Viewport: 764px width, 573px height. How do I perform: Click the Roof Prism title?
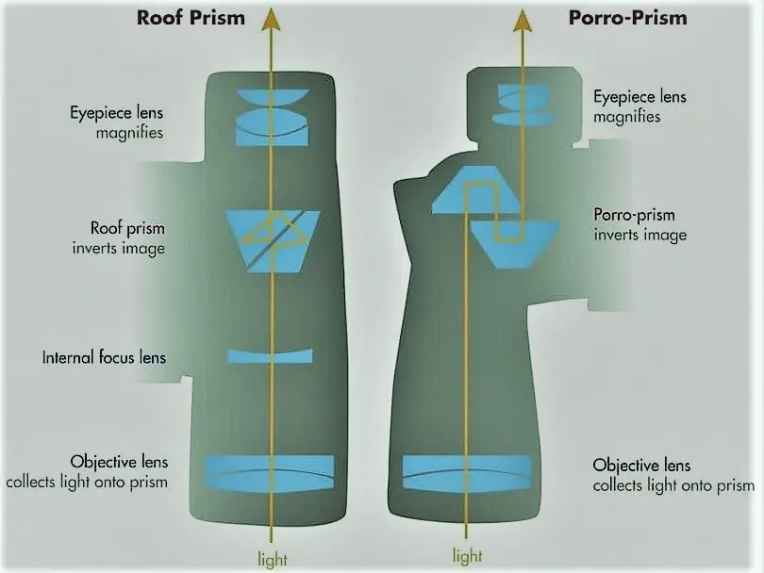tap(191, 18)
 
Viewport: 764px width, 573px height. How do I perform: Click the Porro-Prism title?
tap(627, 18)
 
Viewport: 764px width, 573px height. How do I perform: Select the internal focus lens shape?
tap(270, 356)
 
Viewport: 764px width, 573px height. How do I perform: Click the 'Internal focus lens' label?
tap(104, 357)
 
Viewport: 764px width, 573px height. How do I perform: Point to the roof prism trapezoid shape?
tap(273, 241)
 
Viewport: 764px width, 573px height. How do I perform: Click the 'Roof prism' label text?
tap(127, 228)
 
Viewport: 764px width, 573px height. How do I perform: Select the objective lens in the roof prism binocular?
tap(271, 472)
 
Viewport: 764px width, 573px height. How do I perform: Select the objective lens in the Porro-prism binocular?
tap(466, 472)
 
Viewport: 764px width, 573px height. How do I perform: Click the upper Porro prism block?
tap(475, 189)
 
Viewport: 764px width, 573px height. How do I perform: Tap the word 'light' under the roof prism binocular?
tap(273, 560)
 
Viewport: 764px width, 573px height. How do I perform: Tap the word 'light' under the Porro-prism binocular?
tap(467, 555)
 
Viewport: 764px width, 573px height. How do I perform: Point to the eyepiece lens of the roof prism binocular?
tap(273, 117)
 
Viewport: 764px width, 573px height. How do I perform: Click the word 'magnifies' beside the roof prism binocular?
tap(129, 133)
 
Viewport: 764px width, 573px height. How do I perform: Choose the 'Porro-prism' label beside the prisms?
tap(635, 215)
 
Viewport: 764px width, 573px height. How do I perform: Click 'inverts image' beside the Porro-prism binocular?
tap(640, 236)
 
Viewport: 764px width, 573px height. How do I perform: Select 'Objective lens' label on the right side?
tap(641, 465)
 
